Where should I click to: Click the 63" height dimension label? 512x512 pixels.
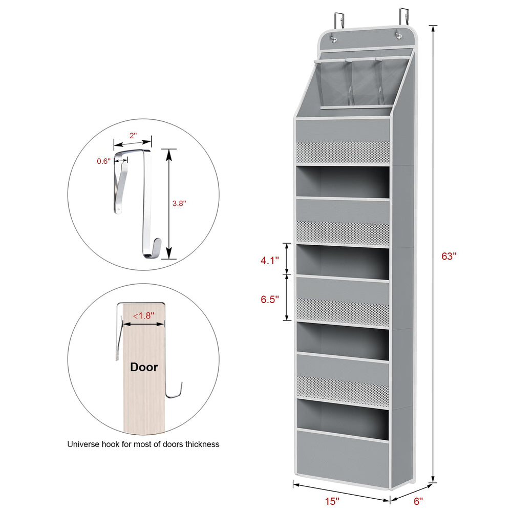[449, 257]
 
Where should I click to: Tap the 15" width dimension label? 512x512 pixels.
[332, 501]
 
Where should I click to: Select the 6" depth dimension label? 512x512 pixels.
[418, 501]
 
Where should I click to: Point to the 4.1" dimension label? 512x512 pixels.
[270, 260]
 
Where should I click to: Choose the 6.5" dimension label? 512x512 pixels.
[270, 299]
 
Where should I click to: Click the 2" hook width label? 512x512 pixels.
[133, 135]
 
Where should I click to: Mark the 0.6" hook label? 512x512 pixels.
[103, 161]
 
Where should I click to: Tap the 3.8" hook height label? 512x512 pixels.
[179, 203]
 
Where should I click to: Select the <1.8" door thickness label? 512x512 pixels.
[143, 316]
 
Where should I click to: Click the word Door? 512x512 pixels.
[144, 367]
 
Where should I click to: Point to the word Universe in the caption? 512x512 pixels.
[83, 444]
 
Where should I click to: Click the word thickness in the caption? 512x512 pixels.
[202, 444]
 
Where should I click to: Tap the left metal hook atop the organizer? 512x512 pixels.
[338, 20]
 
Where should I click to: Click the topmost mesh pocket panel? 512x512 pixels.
[343, 152]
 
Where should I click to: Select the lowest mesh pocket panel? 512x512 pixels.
[343, 391]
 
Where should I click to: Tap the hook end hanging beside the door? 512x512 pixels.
[174, 391]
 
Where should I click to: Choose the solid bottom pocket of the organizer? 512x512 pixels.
[343, 459]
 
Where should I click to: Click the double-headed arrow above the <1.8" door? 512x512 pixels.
[143, 324]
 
